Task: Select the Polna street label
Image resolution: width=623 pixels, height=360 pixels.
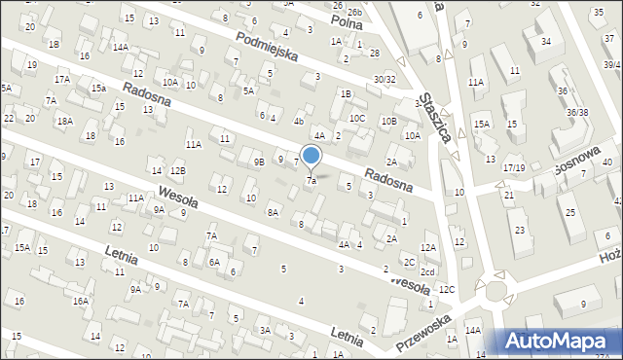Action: click(347, 20)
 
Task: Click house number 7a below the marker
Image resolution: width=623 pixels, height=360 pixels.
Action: click(311, 181)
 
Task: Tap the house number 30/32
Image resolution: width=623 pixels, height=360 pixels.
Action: click(385, 79)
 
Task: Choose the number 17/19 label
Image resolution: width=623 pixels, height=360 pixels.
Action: click(514, 167)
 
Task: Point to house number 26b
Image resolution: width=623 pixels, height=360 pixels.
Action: click(354, 12)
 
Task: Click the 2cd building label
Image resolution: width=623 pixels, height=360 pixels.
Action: click(427, 272)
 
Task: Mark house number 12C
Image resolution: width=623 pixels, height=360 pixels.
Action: click(446, 290)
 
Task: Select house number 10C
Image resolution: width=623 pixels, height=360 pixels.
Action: click(358, 119)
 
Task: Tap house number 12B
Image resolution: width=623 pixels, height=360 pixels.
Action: click(177, 171)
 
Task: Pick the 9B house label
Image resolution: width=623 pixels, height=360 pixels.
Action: click(258, 162)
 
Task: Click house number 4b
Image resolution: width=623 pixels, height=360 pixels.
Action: click(299, 122)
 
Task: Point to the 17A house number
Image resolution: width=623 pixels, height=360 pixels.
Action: click(62, 80)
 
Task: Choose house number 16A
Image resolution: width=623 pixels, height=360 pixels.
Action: click(80, 302)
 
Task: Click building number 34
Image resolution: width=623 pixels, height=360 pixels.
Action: click(545, 41)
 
